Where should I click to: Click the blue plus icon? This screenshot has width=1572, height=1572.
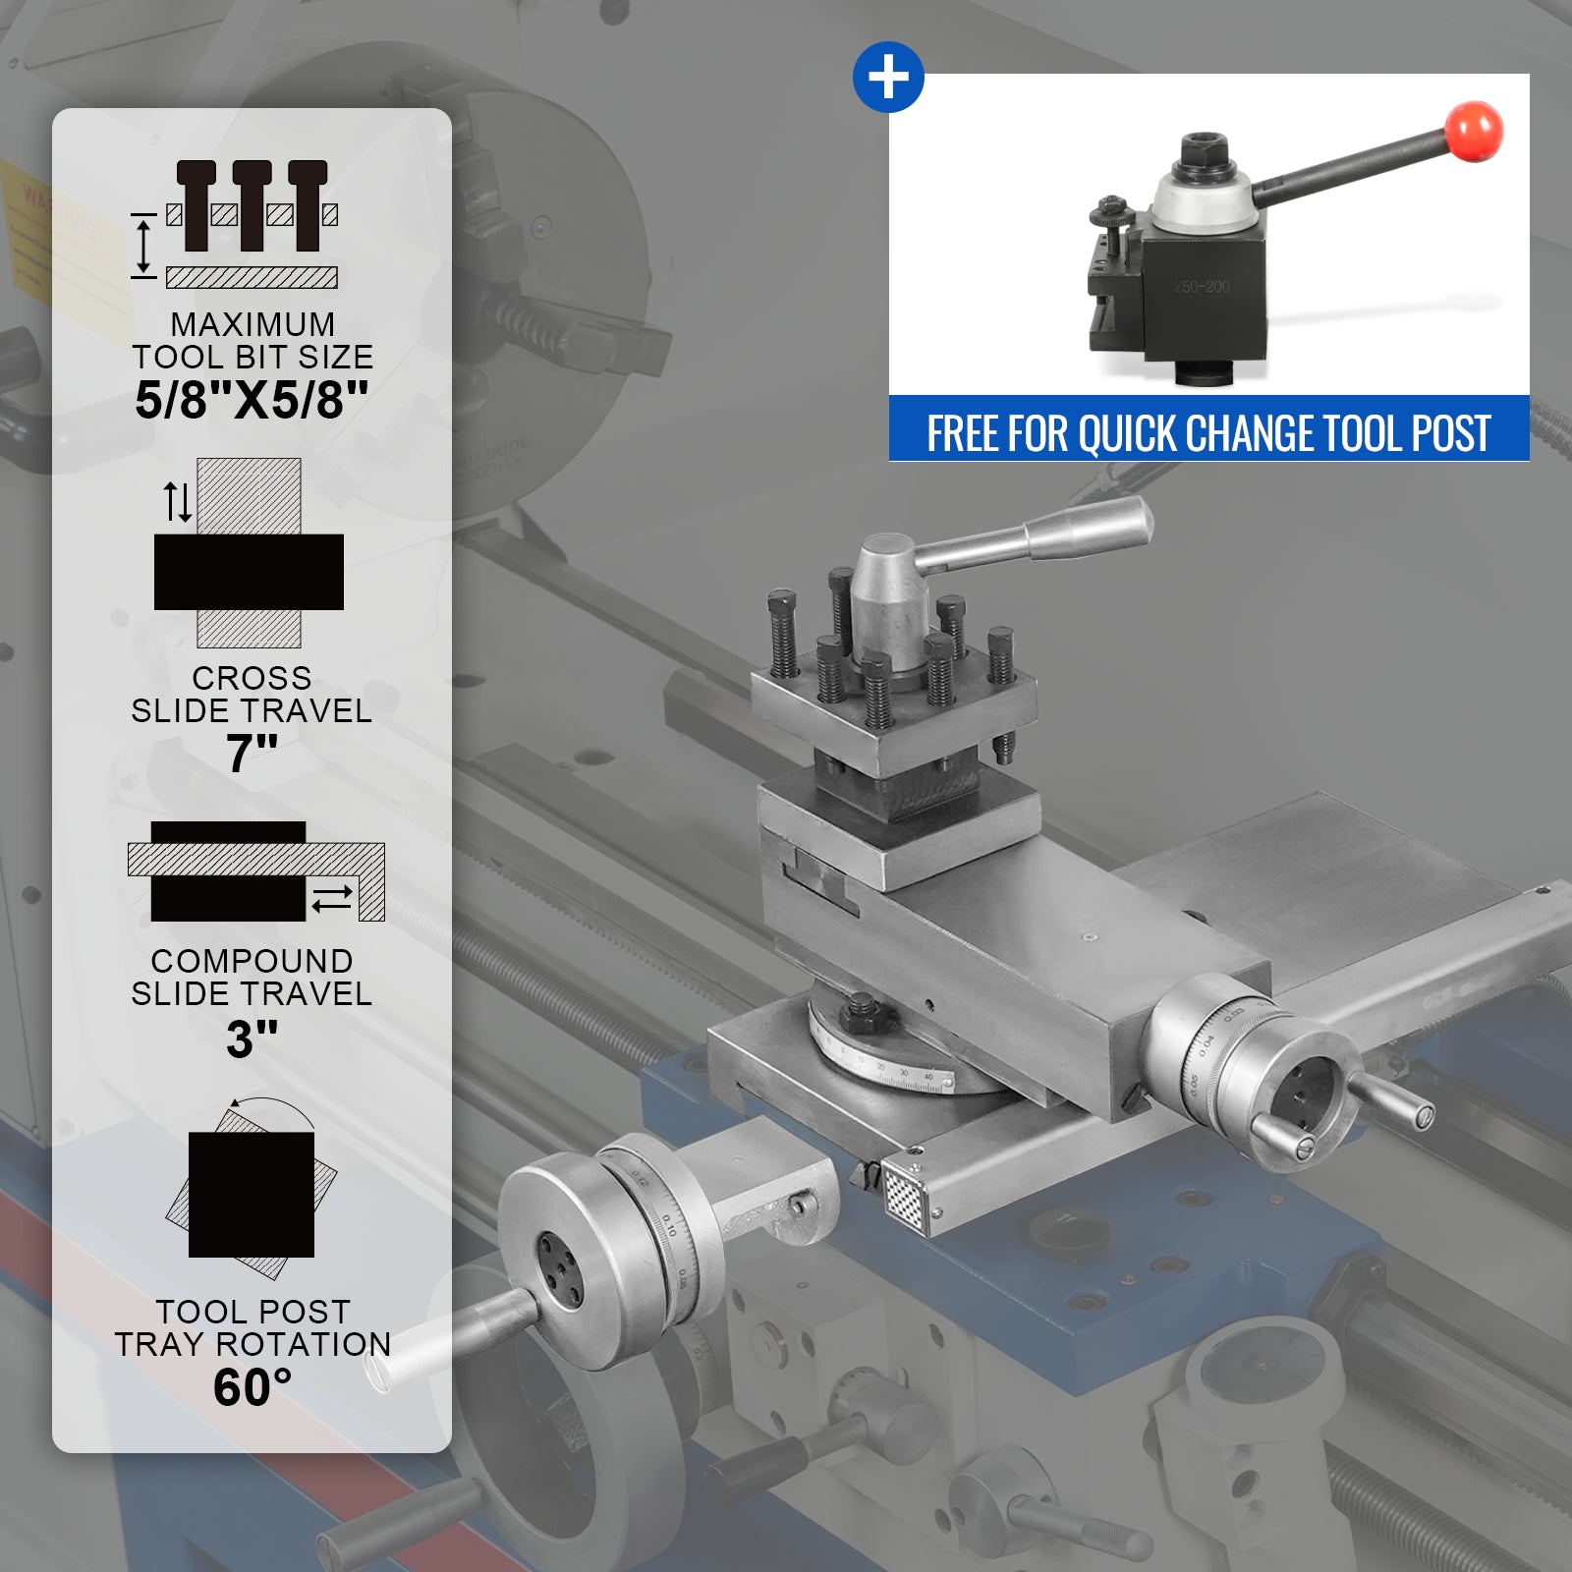pos(888,77)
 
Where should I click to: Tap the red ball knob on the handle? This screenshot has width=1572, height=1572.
pos(1474,131)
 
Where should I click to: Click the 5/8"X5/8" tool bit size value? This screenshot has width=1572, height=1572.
pos(252,400)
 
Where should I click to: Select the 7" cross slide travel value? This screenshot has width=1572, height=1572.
pos(253,754)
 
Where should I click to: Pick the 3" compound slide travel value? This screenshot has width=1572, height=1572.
pos(253,1039)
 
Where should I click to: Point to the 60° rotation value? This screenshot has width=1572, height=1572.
pos(253,1387)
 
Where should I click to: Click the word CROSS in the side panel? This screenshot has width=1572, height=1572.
pos(252,678)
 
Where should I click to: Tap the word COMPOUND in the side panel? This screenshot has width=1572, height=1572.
pos(252,961)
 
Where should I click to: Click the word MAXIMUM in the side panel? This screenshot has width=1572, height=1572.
pos(253,324)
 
